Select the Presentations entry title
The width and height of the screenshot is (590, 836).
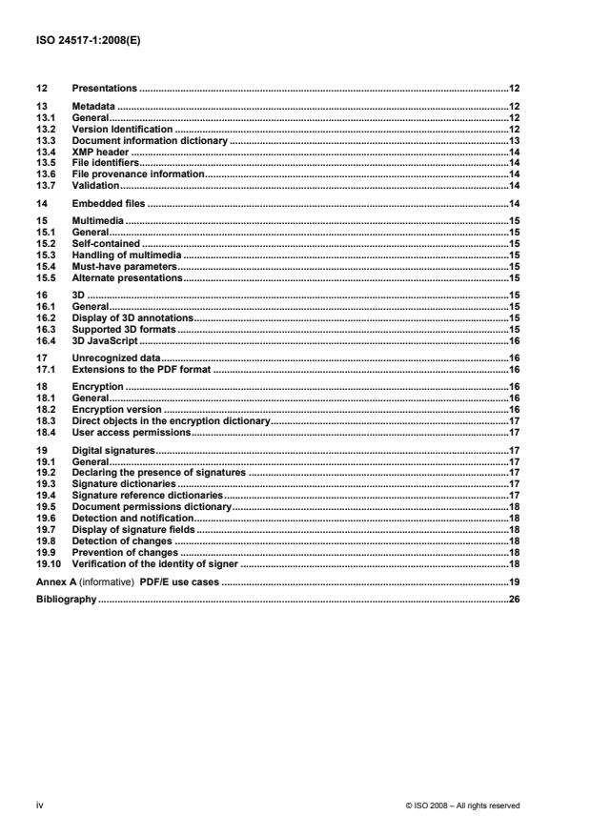click(105, 89)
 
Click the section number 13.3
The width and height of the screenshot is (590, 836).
click(44, 139)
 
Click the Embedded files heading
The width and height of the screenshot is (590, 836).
click(108, 204)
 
